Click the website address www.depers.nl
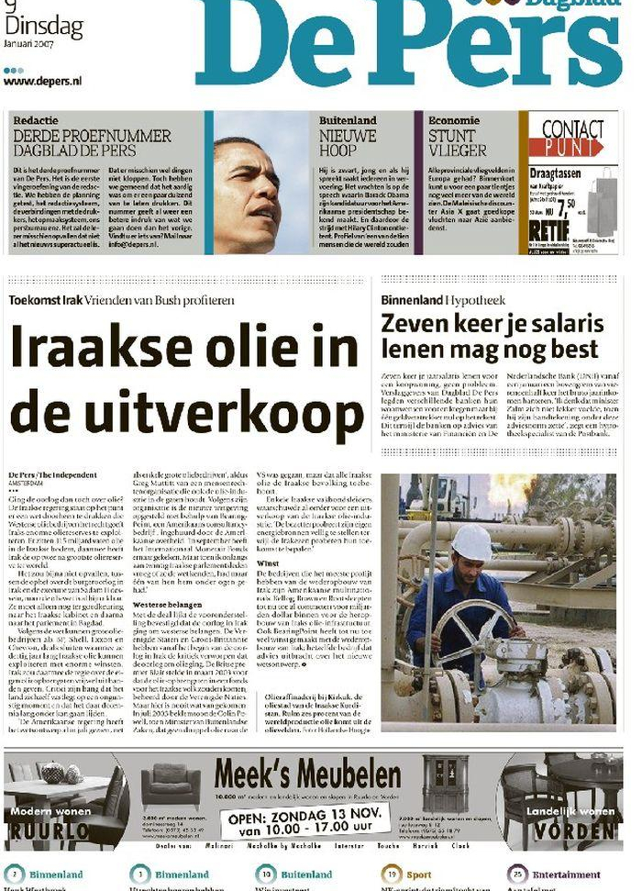click(43, 82)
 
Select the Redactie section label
click(36, 120)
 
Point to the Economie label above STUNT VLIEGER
click(453, 120)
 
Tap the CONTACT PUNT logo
click(572, 137)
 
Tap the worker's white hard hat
click(471, 541)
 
